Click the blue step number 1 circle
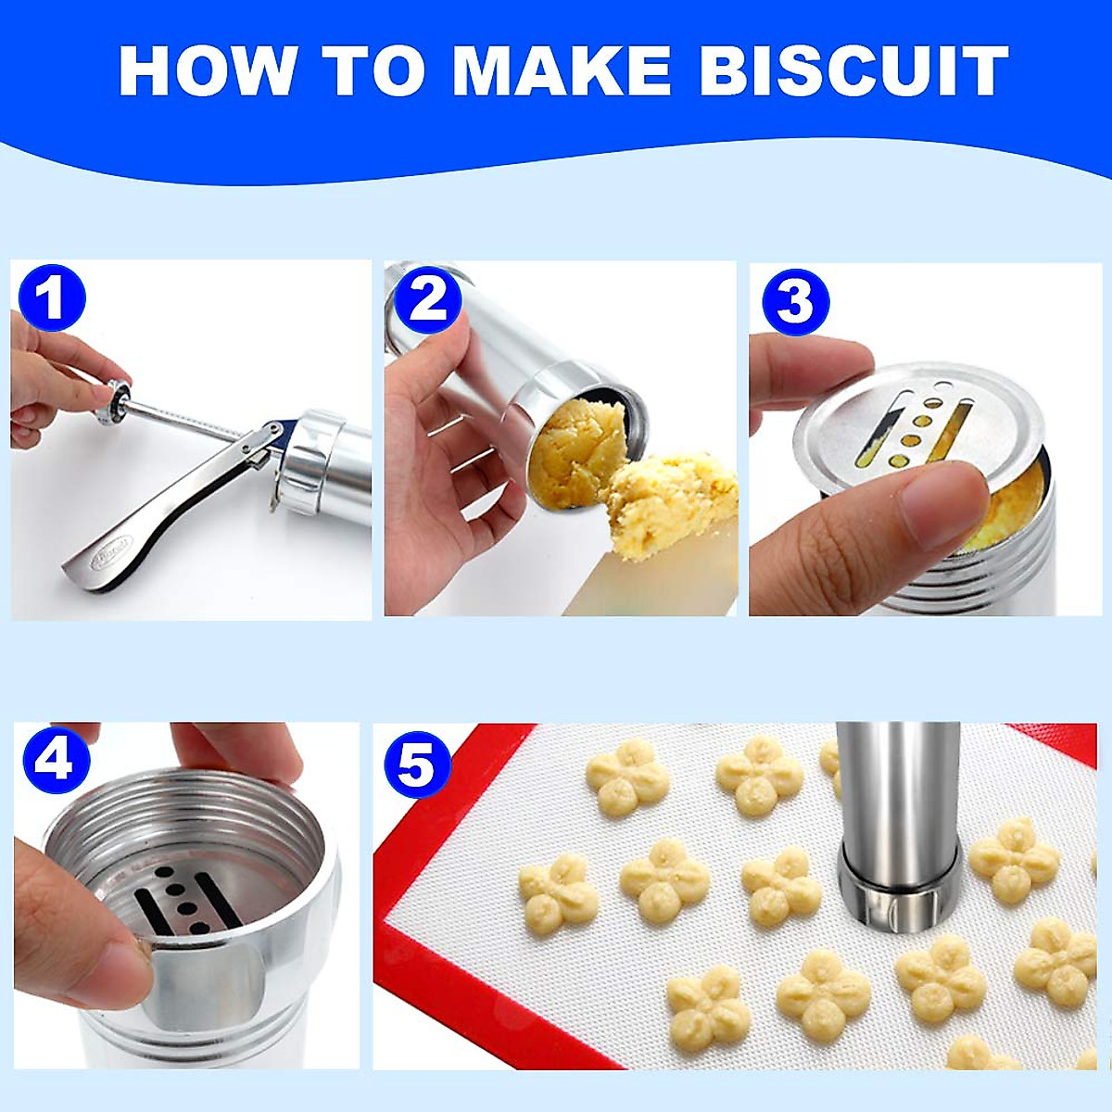pyautogui.click(x=52, y=298)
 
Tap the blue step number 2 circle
pyautogui.click(x=428, y=298)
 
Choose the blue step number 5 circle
pyautogui.click(x=417, y=765)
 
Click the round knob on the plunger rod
pyautogui.click(x=115, y=400)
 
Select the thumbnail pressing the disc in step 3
pyautogui.click(x=945, y=505)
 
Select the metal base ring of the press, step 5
pyautogui.click(x=897, y=894)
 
